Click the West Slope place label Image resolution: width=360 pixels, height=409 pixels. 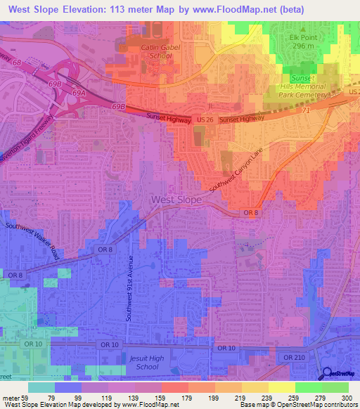click(x=176, y=200)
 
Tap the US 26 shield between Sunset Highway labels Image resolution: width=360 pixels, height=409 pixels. click(x=205, y=121)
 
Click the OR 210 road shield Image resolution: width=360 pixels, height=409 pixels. click(x=296, y=358)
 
